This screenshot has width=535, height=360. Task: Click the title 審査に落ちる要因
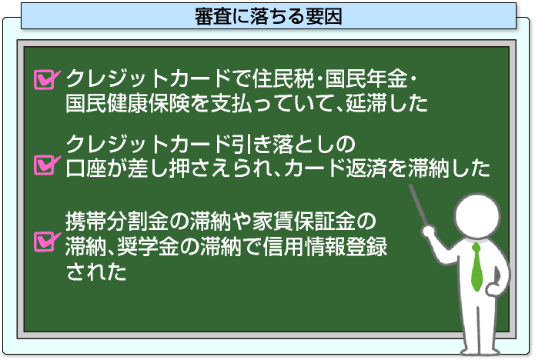pos(268,16)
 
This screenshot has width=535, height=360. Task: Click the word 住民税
pos(283,78)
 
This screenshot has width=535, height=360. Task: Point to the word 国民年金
pos(366,78)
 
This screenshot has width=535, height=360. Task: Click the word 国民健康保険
pos(127,103)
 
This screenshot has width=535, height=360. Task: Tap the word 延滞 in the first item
pos(366,103)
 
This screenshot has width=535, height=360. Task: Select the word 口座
pos(86,168)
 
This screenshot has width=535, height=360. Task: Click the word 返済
pos(366,168)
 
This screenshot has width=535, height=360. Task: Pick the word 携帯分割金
pos(117,221)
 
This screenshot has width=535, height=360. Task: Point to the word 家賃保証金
pos(303,221)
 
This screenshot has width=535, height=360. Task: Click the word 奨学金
pos(148,246)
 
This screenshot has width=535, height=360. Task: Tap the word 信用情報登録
pos(325,246)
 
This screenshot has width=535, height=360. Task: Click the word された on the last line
pos(96,272)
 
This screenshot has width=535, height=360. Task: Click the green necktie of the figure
pos(477,268)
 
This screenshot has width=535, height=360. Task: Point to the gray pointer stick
pos(418,205)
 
